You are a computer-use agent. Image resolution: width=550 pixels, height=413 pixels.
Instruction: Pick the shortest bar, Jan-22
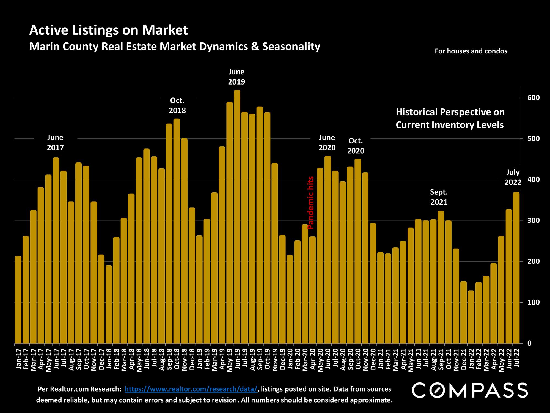click(471, 317)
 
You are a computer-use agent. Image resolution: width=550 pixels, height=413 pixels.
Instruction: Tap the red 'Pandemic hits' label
click(310, 203)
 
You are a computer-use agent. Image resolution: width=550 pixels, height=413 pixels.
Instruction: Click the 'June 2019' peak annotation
click(237, 77)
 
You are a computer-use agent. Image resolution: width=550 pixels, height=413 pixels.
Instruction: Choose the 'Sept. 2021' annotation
click(439, 197)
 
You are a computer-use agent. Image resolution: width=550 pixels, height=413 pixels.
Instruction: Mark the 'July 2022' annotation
click(513, 178)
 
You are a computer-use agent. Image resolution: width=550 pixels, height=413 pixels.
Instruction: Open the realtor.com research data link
click(191, 389)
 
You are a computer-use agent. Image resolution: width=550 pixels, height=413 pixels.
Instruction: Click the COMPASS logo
click(470, 390)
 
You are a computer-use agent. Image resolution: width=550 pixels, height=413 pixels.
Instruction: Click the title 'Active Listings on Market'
click(108, 30)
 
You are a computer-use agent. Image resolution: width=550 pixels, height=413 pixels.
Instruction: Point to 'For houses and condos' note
click(471, 51)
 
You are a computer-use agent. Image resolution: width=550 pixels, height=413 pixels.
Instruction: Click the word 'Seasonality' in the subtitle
click(291, 47)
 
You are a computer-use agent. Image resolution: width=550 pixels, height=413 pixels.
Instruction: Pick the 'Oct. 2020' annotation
click(356, 146)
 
